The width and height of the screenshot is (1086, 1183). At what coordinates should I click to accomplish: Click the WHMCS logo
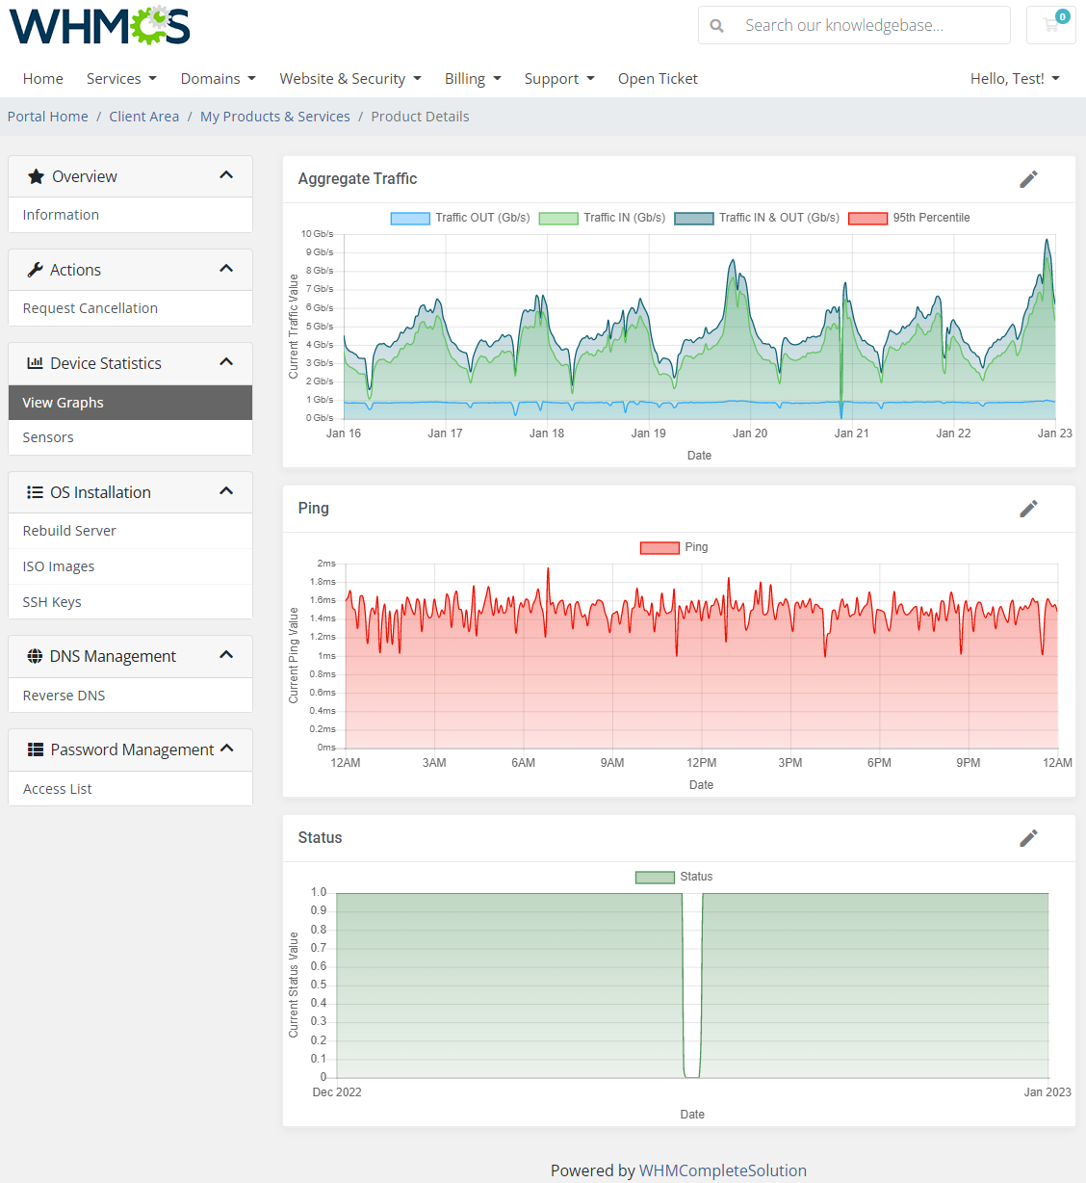[99, 26]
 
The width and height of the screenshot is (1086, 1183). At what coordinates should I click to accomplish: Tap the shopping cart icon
[1050, 25]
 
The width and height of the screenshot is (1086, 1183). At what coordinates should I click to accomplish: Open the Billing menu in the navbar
[472, 79]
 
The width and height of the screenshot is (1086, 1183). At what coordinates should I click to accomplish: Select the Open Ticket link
[658, 79]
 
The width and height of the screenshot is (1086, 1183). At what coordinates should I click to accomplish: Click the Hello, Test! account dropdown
[1014, 79]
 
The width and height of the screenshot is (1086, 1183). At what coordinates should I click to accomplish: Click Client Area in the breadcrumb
[143, 117]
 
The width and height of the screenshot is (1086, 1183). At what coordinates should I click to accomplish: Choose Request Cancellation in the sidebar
[90, 308]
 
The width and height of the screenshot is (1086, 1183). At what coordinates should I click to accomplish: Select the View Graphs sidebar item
[64, 403]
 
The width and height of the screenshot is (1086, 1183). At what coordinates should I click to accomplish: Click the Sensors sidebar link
[48, 437]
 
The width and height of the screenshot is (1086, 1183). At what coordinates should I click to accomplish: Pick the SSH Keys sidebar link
[52, 602]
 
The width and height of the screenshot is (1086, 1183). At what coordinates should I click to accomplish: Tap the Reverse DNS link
[65, 696]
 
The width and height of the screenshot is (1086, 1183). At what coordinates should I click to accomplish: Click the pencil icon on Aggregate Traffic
[1028, 179]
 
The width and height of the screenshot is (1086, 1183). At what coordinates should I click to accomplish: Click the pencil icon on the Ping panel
[1028, 509]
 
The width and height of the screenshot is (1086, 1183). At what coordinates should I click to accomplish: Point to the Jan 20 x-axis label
[750, 434]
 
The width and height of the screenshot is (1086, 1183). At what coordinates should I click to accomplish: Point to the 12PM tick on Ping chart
[701, 763]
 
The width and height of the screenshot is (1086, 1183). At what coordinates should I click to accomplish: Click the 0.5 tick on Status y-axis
[319, 985]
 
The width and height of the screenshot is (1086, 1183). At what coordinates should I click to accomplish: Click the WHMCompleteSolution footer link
[722, 1170]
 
